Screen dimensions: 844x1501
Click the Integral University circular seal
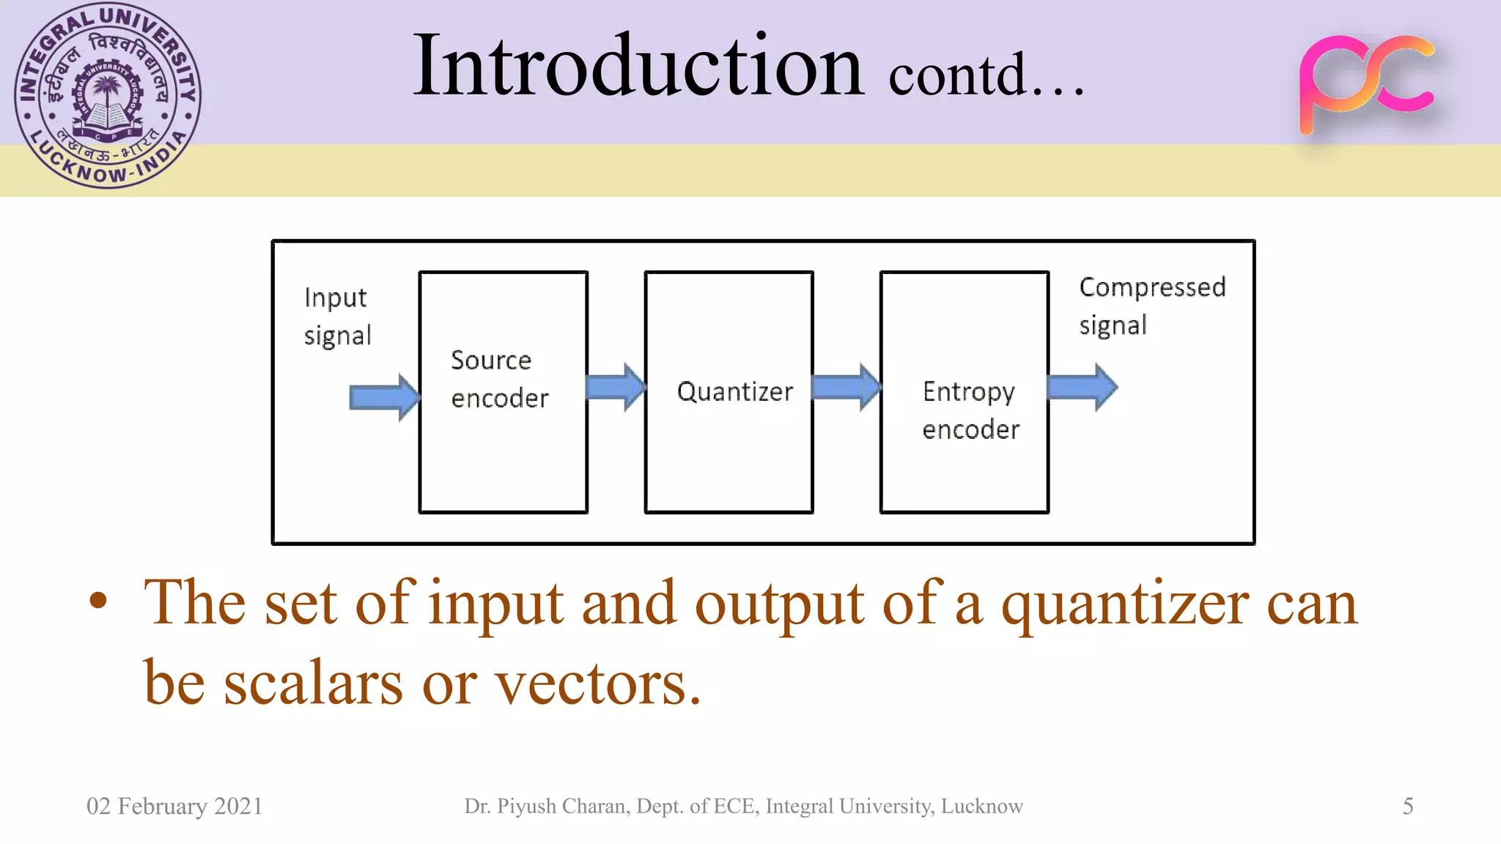coord(108,96)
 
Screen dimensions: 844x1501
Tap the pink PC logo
coord(1365,84)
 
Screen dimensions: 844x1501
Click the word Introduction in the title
coord(638,67)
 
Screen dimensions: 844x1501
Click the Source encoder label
coord(499,380)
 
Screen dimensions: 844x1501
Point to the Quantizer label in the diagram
coord(734,392)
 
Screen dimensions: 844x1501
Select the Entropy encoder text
coord(970,411)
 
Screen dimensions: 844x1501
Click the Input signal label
coord(337,316)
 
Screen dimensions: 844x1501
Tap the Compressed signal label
coord(1151,306)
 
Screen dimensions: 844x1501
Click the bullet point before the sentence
coord(98,602)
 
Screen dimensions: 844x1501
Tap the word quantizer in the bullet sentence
coord(1124,605)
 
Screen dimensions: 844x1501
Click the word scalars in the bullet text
coord(313,684)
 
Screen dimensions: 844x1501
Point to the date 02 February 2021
coord(174,806)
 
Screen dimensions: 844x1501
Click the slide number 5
coord(1407,806)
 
